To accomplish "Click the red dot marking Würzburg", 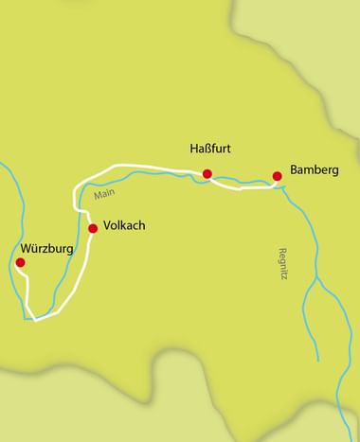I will tap(20, 262).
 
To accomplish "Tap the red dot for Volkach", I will tap(93, 228).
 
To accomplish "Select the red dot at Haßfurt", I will tap(207, 173).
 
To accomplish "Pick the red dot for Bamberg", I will tap(277, 175).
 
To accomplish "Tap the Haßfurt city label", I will tap(212, 149).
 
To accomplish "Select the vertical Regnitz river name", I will tap(281, 243).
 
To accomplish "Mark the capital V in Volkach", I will tap(105, 228).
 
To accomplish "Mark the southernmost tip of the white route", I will tap(36, 319).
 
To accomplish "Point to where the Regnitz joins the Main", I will tap(282, 186).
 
